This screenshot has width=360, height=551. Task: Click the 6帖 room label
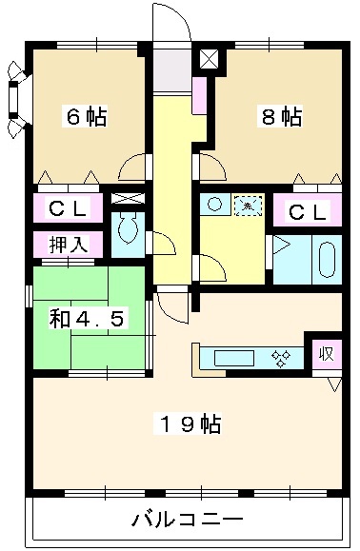[x=85, y=117]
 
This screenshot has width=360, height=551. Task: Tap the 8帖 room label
[x=283, y=117]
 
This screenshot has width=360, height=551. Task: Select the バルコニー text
[x=187, y=520]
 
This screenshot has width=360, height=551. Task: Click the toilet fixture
[x=126, y=230]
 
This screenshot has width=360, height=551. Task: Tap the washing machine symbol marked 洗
[x=246, y=205]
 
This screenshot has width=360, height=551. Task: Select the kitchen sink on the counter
[x=232, y=358]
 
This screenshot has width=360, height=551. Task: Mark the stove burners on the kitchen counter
[x=281, y=358]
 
